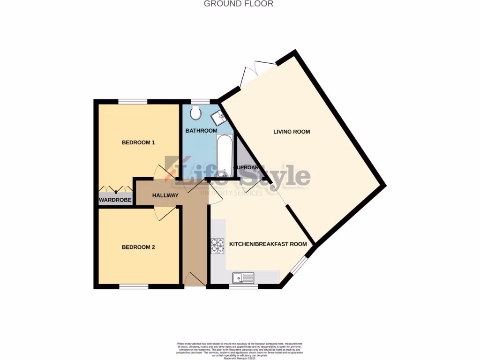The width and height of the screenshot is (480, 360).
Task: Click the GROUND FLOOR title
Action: coord(239,4)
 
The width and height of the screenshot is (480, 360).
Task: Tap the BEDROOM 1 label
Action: coord(138,142)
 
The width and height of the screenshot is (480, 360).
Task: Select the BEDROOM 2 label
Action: coord(138,247)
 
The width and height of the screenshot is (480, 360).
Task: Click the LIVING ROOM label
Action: coord(292,132)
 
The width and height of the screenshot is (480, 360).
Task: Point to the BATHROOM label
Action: coord(201,131)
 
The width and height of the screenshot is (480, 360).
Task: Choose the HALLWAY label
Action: coord(165,195)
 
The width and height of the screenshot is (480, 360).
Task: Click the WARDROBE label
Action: coord(115,200)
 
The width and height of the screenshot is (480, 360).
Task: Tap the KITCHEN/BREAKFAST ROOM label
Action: coord(268,244)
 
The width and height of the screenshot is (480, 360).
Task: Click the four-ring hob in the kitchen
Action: coord(217,246)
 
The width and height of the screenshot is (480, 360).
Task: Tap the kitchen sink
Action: coord(243,278)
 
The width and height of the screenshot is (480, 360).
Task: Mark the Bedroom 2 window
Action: coord(133,286)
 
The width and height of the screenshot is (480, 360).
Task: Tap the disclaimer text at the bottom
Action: coord(240,350)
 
